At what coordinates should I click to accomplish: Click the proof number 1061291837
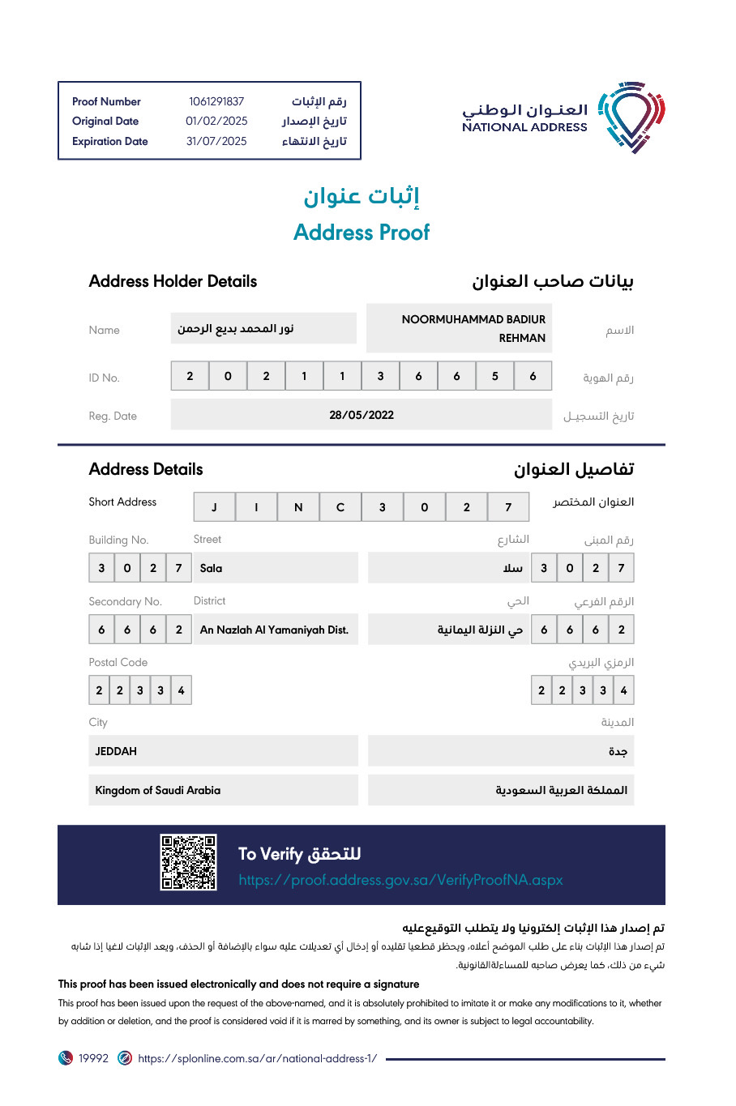(x=216, y=101)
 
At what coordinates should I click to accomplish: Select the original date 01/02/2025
(x=216, y=121)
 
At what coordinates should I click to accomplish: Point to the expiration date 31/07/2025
(x=216, y=141)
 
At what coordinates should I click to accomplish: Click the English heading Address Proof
(x=362, y=233)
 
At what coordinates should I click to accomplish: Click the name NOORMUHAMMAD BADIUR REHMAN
(x=473, y=328)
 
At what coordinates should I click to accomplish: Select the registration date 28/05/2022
(x=362, y=415)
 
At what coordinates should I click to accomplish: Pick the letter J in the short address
(x=214, y=507)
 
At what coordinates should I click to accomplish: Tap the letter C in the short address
(x=340, y=507)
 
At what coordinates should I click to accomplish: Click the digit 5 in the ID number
(x=494, y=376)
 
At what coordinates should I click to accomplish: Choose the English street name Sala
(x=212, y=568)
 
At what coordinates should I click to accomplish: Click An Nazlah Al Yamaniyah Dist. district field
(x=274, y=630)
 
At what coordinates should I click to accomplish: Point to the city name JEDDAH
(x=116, y=751)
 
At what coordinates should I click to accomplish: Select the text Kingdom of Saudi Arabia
(x=158, y=790)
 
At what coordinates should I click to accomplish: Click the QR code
(x=188, y=863)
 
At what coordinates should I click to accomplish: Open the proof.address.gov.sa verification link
(x=400, y=880)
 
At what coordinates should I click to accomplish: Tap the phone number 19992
(x=93, y=1058)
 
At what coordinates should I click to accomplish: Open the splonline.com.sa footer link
(x=257, y=1058)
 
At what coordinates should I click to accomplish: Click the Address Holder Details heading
(x=173, y=281)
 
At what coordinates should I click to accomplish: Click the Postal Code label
(x=118, y=662)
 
